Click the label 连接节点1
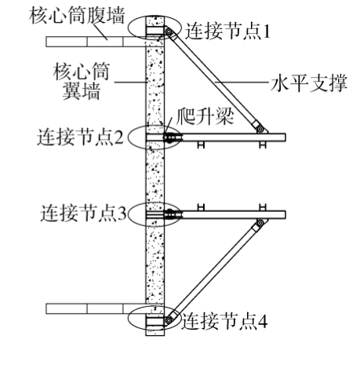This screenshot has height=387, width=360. coord(227,31)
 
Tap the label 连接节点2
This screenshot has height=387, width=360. coord(80,137)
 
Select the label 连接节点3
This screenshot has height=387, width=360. coord(83,214)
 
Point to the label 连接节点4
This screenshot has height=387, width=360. coord(224,321)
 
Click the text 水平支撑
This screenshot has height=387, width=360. coord(309,83)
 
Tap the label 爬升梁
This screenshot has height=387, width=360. coord(205,116)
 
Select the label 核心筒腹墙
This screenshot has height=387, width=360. coord(77,16)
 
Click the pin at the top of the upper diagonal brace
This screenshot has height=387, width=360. coord(169,32)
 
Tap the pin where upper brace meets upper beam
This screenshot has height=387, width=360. coord(260,129)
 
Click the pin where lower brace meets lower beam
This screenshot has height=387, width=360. coord(260,223)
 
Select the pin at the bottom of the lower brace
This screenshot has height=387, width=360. coord(169,319)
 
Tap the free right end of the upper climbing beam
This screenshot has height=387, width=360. coord(285,137)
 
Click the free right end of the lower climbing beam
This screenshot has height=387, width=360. coord(285,214)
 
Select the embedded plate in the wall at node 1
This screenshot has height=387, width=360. coord(155,31)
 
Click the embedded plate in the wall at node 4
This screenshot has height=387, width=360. coord(155,321)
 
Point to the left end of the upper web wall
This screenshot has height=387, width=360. coord(46,42)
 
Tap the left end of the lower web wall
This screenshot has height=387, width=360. coord(46,309)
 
